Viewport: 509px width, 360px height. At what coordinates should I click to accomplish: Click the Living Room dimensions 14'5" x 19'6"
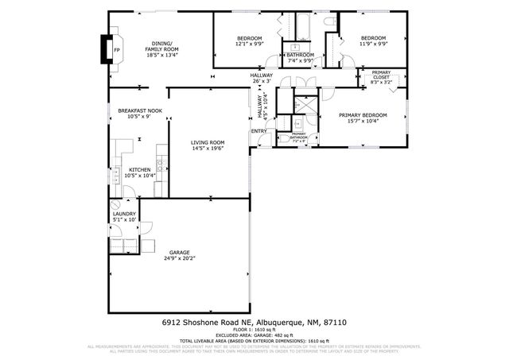tap(208, 149)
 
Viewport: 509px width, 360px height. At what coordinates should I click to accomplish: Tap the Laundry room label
tap(125, 214)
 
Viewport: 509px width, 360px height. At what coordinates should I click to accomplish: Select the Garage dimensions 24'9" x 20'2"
tap(178, 258)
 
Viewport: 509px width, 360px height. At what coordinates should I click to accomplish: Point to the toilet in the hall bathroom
tap(328, 26)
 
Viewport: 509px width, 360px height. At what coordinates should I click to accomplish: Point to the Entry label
tap(259, 131)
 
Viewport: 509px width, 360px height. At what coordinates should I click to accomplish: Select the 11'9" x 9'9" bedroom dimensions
tap(372, 45)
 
